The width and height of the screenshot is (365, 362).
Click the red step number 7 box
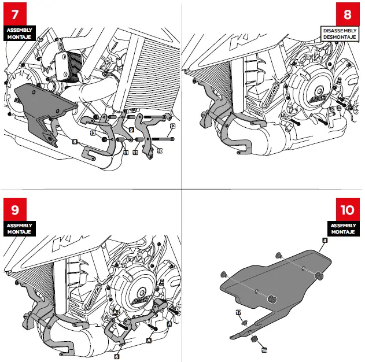pyautogui.click(x=15, y=14)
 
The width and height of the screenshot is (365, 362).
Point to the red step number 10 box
pyautogui.click(x=347, y=210)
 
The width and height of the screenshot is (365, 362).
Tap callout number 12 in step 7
pyautogui.click(x=172, y=125)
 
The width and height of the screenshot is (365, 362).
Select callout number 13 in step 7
pyautogui.click(x=93, y=133)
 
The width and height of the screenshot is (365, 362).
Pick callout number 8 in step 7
pyautogui.click(x=75, y=141)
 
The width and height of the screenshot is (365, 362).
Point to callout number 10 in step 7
pyautogui.click(x=160, y=150)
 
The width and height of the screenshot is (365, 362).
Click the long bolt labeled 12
pyautogui.click(x=163, y=139)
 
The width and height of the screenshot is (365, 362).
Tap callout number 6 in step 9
pyautogui.click(x=116, y=357)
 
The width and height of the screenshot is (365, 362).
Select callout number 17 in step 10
pyautogui.click(x=238, y=312)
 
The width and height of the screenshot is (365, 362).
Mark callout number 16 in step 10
pyautogui.click(x=264, y=350)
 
